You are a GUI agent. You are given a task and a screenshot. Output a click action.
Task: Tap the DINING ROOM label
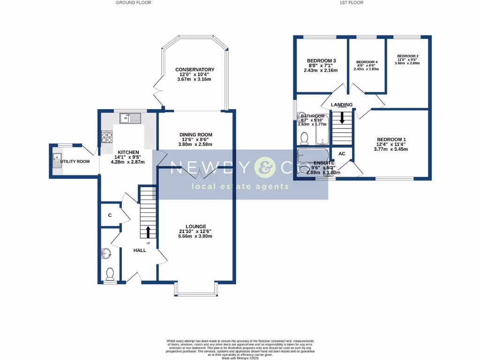196,135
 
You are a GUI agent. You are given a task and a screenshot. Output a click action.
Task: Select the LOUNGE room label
195,226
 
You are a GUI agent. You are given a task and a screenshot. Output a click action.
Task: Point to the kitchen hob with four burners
107,136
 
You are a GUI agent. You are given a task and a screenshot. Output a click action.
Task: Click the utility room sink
58,160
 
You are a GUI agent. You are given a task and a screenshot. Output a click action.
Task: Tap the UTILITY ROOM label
76,162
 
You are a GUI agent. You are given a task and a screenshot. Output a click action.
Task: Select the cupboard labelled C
110,216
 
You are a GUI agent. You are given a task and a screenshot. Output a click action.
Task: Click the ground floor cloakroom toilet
110,273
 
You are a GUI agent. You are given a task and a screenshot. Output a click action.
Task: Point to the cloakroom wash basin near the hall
106,254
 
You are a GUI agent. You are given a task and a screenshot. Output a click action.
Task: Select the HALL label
139,250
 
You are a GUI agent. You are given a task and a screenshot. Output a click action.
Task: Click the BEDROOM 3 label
322,61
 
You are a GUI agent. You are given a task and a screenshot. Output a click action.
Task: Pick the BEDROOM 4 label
367,62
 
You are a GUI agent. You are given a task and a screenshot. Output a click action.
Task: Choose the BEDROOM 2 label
407,56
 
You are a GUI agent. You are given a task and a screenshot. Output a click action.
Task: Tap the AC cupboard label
342,154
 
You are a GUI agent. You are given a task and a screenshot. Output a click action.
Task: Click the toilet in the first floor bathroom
304,137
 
